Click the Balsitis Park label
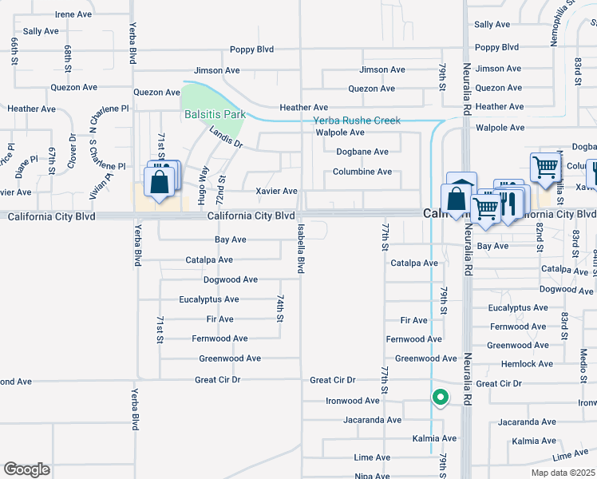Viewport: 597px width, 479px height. [x=215, y=114]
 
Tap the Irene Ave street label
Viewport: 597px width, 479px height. [x=75, y=14]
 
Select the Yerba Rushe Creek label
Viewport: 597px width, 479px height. [x=356, y=121]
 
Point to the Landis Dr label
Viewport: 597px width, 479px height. [x=226, y=138]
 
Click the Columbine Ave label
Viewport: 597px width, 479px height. [x=362, y=172]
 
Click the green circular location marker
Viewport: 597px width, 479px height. [x=439, y=396]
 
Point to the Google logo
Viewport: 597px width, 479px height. [x=26, y=469]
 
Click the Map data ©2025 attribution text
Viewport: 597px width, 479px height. [x=563, y=473]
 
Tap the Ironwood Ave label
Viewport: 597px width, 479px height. [x=352, y=401]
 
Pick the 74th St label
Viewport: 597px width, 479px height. [x=280, y=307]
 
